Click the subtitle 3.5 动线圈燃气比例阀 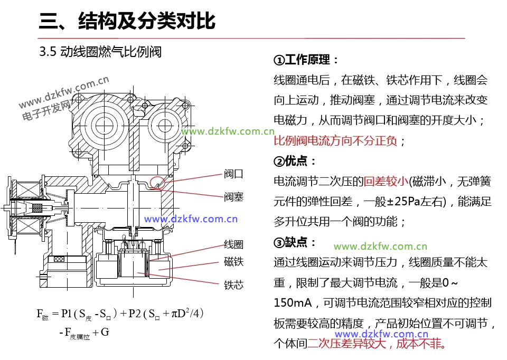(x=100, y=52)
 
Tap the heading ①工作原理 (x=306, y=60)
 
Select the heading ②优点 (x=295, y=161)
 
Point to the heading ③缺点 (x=295, y=242)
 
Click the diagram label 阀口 (x=233, y=174)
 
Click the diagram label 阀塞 (x=233, y=197)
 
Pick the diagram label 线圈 (x=233, y=244)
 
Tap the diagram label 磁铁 (x=233, y=262)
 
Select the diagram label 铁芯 (x=233, y=285)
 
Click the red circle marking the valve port (x=157, y=183)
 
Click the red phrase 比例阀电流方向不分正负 (x=335, y=141)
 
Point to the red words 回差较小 (x=387, y=182)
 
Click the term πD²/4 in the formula (x=183, y=314)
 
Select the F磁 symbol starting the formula (x=42, y=314)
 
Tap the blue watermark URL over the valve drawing (x=191, y=219)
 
